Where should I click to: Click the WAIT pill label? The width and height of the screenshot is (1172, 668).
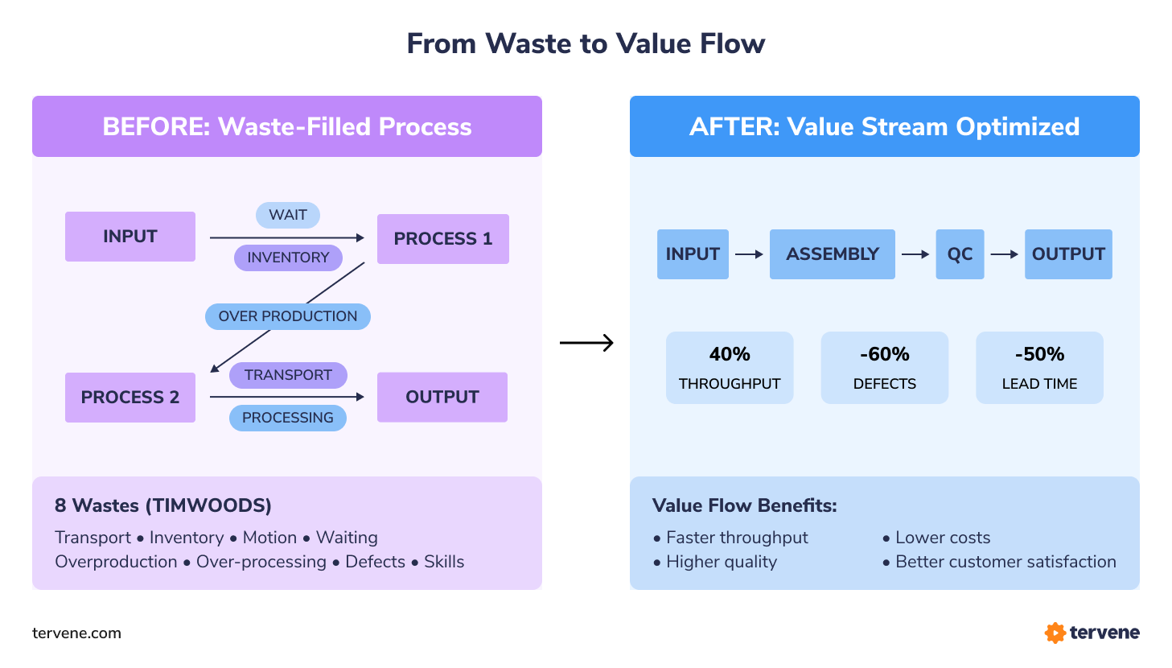coord(288,215)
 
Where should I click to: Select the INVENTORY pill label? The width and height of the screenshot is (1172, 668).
coord(288,258)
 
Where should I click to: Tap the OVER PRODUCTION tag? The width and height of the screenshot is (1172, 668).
coord(288,316)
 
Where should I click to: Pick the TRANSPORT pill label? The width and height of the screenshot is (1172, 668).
coord(288,375)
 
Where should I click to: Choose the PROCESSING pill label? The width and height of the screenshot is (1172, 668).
coord(288,418)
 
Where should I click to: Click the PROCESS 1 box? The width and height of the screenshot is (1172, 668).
coord(442,239)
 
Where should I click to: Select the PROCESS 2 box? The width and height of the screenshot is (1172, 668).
coord(130,398)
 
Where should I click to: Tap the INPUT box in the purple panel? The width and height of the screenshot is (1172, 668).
coord(130,237)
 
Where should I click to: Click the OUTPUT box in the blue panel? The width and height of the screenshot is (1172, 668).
coord(1068,254)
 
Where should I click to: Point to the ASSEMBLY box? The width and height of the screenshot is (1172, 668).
coord(833,254)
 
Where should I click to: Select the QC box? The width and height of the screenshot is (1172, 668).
coord(960,254)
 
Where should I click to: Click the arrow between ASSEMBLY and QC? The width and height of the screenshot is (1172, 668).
coord(915,254)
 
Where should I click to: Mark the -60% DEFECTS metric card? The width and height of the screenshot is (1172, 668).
coord(885,368)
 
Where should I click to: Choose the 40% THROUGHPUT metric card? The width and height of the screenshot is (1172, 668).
coord(730,368)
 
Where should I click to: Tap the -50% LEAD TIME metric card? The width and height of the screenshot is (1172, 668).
coord(1039,368)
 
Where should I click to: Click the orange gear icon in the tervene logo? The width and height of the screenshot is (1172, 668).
coord(1055,633)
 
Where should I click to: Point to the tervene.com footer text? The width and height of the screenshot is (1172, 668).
coord(76,633)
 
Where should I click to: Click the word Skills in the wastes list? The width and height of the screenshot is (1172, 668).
coord(444,562)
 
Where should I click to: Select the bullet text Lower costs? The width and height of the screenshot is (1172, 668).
coord(943,538)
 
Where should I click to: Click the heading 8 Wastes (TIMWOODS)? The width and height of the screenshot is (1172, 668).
coord(163,505)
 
